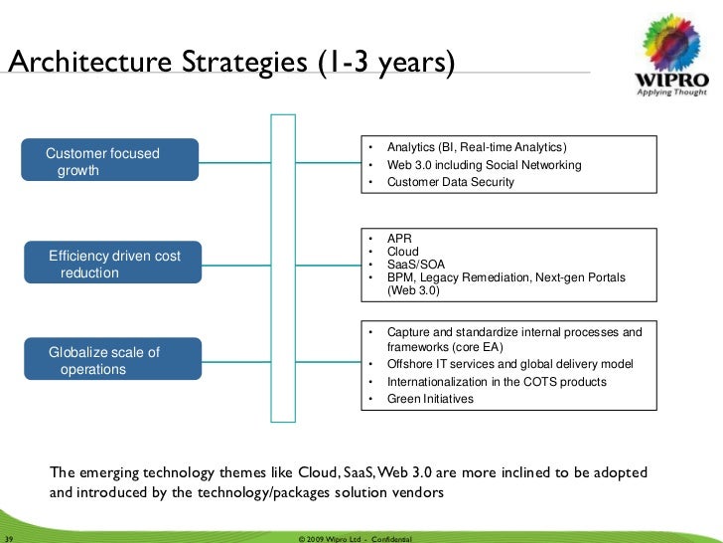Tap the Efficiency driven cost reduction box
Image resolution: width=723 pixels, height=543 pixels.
pos(113,264)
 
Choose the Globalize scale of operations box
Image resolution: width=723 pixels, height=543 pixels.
pos(113,360)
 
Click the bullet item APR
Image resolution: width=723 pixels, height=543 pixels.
pos(399,239)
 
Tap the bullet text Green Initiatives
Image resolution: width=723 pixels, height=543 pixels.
pos(430,399)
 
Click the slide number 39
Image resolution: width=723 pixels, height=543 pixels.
pos(11,538)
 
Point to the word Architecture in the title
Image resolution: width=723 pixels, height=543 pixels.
pos(90,62)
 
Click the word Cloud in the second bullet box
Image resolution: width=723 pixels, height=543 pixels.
pos(402,252)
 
